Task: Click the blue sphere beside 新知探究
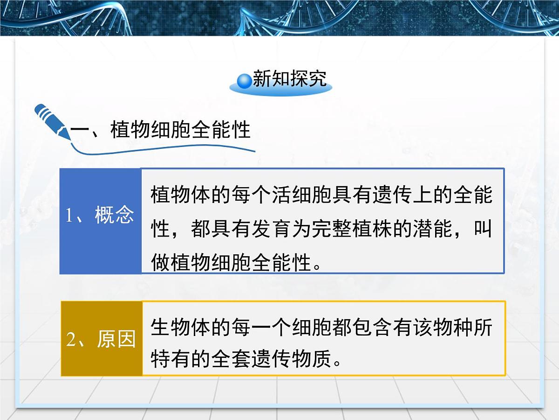(245, 81)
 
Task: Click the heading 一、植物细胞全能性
(161, 130)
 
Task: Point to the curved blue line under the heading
(163, 149)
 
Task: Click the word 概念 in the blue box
(115, 215)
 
